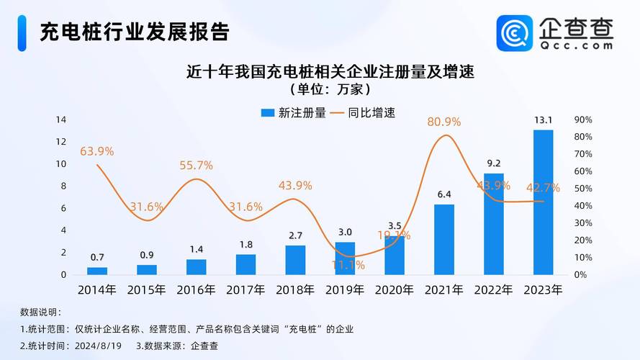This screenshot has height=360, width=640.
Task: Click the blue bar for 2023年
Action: (543, 203)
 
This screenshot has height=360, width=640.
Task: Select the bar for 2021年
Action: (444, 240)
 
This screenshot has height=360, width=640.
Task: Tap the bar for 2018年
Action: (295, 260)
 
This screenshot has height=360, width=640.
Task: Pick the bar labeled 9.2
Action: (494, 225)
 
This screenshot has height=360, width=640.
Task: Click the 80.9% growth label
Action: (444, 122)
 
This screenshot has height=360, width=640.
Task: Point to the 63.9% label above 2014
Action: (96, 151)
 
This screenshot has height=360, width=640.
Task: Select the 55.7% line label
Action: (196, 165)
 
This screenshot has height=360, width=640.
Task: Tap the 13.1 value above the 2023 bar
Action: (544, 120)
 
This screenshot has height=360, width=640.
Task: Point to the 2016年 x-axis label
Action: (196, 290)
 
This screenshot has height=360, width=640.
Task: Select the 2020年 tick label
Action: (394, 290)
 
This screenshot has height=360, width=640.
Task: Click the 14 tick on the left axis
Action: (61, 119)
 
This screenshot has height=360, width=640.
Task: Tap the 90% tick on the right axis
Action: (583, 120)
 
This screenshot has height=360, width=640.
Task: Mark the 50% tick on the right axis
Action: (583, 189)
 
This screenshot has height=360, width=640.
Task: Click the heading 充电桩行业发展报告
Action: (135, 32)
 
